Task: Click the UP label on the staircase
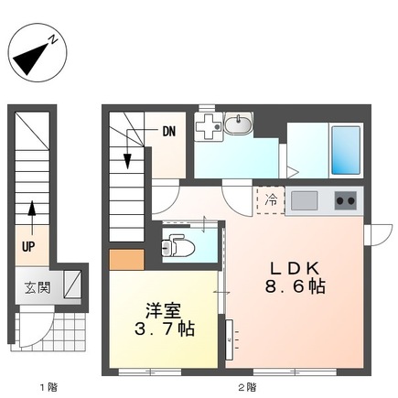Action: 30,246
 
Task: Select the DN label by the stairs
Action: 169,131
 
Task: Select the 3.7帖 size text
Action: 161,327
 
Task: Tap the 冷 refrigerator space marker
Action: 271,199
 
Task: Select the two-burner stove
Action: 345,199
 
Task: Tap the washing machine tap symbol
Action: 209,127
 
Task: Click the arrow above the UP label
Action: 31,215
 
